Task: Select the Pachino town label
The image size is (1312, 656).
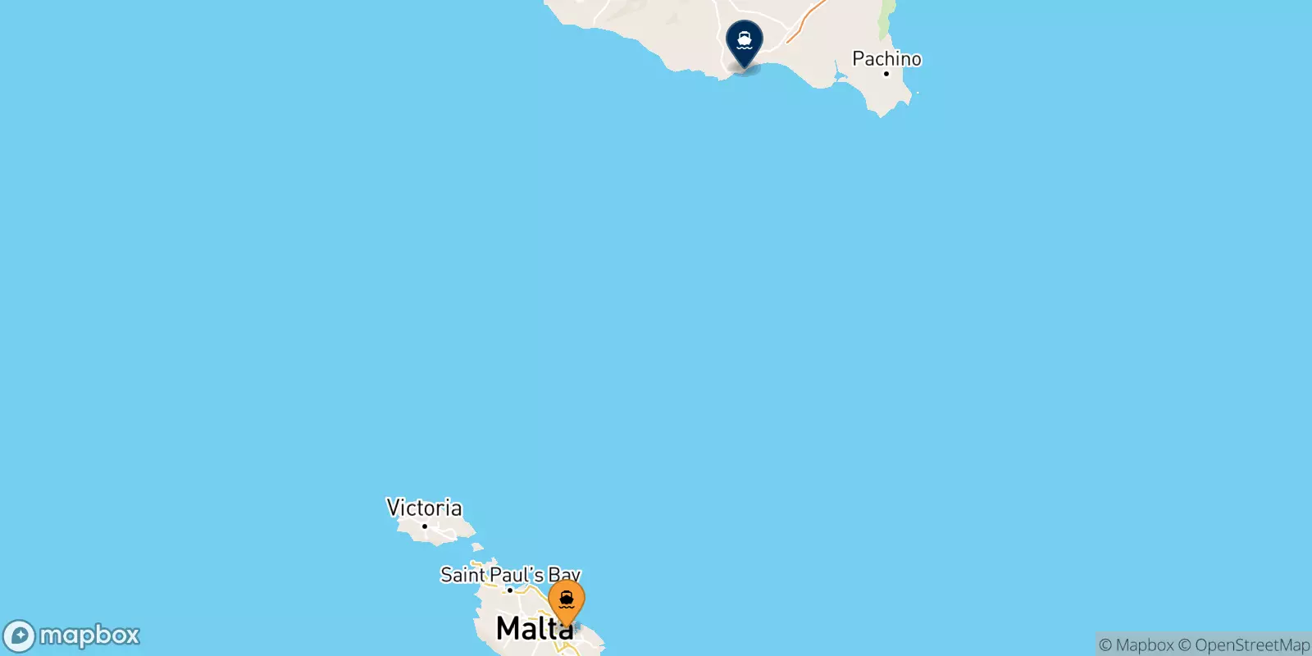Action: (x=886, y=58)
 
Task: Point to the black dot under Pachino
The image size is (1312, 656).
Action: (x=886, y=74)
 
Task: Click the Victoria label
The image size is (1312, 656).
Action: (x=424, y=508)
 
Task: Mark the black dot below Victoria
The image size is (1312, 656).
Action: (x=424, y=526)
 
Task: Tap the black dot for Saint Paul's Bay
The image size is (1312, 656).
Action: (x=509, y=590)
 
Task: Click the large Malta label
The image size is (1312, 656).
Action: (x=534, y=629)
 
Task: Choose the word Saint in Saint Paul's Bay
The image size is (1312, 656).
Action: (x=463, y=575)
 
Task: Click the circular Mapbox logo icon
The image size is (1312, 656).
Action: (x=19, y=635)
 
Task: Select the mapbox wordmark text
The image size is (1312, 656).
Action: (x=89, y=635)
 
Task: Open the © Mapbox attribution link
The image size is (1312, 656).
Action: (x=1136, y=645)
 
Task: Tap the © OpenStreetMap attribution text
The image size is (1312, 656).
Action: (x=1244, y=645)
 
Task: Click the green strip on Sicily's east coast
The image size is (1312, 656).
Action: (x=886, y=20)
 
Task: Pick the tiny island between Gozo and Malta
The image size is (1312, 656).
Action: (x=477, y=547)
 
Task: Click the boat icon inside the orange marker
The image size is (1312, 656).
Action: (x=566, y=598)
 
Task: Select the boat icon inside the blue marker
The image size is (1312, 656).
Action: (x=745, y=38)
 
